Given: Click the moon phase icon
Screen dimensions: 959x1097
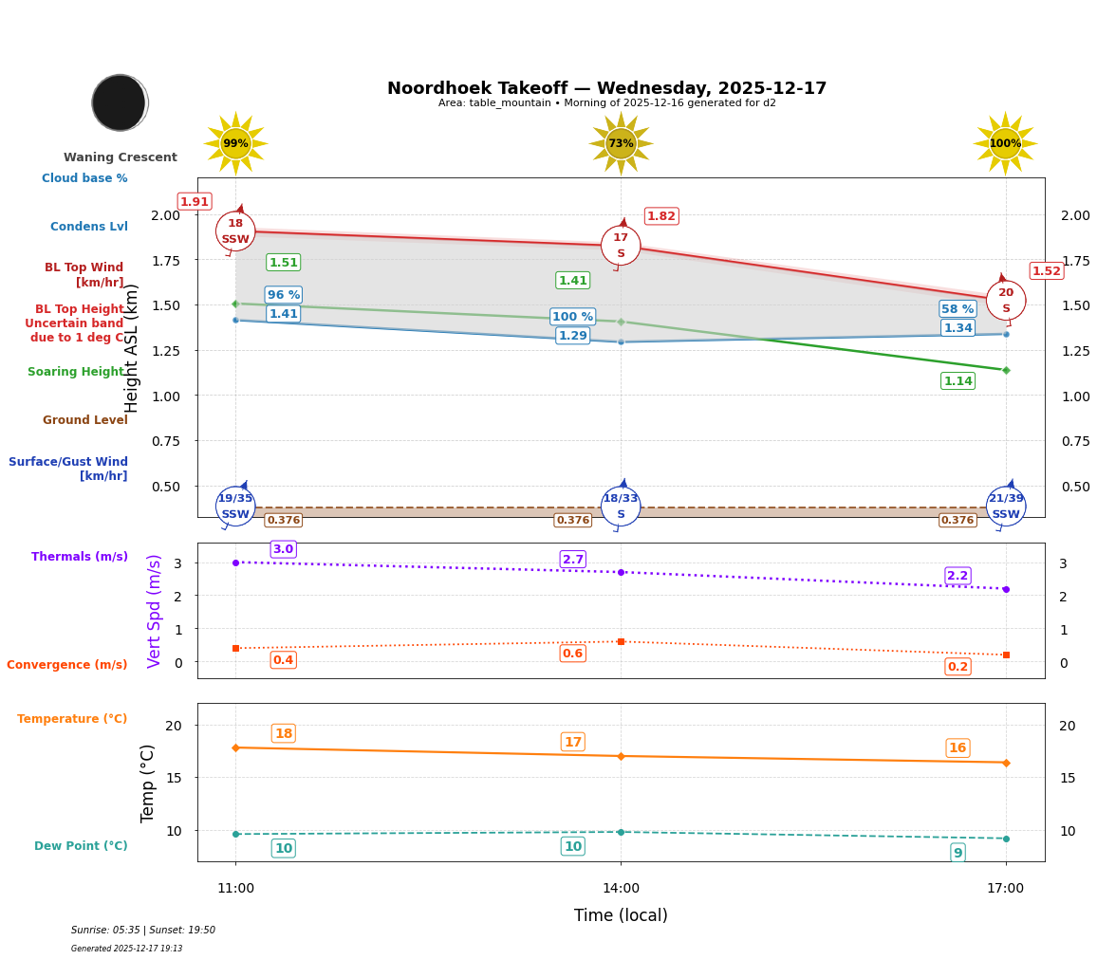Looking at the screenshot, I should pyautogui.click(x=120, y=102).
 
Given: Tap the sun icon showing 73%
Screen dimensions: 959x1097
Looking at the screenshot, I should pyautogui.click(x=621, y=143).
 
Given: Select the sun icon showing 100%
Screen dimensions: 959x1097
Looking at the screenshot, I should pyautogui.click(x=1005, y=143).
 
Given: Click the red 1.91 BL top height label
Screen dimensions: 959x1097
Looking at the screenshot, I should pyautogui.click(x=195, y=202).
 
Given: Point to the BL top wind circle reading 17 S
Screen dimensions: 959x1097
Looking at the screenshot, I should pyautogui.click(x=621, y=246).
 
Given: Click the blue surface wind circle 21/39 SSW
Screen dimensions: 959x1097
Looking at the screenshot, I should pyautogui.click(x=1006, y=507).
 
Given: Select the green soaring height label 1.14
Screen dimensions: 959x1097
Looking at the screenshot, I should pyautogui.click(x=958, y=381).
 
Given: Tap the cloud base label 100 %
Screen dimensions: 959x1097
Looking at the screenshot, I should pyautogui.click(x=572, y=317).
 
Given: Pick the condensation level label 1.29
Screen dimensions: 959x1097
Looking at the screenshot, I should pyautogui.click(x=572, y=336).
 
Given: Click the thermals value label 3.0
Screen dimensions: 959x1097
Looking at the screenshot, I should pyautogui.click(x=283, y=549).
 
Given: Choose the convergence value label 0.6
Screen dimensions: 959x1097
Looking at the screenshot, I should pyautogui.click(x=572, y=654).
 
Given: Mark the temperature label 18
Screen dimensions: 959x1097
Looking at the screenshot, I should pyautogui.click(x=283, y=733).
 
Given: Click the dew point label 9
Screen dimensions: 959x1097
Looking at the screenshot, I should pyautogui.click(x=958, y=853).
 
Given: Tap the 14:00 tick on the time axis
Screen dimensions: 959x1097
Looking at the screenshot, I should pyautogui.click(x=621, y=889).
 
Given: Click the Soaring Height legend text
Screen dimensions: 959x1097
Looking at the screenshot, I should pyautogui.click(x=76, y=372).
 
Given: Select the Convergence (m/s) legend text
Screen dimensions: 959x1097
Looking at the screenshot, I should pyautogui.click(x=67, y=665).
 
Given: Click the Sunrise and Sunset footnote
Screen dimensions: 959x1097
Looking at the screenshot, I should pyautogui.click(x=143, y=931).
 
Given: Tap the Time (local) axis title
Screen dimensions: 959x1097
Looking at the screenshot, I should pyautogui.click(x=621, y=915).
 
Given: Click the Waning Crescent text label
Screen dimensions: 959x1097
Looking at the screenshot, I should pyautogui.click(x=121, y=157).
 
